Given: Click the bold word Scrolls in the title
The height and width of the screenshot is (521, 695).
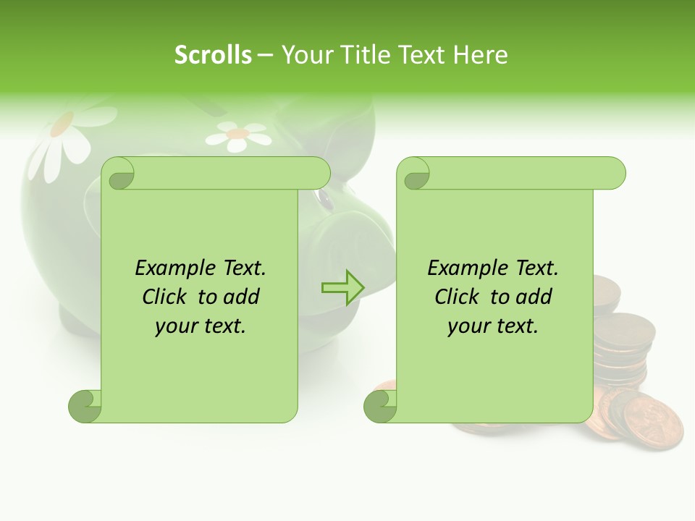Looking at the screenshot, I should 213,54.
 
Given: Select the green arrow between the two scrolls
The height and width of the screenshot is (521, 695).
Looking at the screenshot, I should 343,288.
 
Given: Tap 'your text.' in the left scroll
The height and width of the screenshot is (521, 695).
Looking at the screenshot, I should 201,326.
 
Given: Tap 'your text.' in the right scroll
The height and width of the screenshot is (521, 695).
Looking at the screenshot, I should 493,326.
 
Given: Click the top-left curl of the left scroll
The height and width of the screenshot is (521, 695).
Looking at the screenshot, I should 119,174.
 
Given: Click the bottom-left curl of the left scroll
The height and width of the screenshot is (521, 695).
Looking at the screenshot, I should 85,406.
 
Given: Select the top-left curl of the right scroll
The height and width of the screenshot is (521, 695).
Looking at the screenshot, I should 414,174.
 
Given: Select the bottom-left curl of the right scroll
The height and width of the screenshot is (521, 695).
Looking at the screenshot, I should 380,406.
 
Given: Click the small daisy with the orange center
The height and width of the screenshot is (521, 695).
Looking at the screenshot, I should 237,134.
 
